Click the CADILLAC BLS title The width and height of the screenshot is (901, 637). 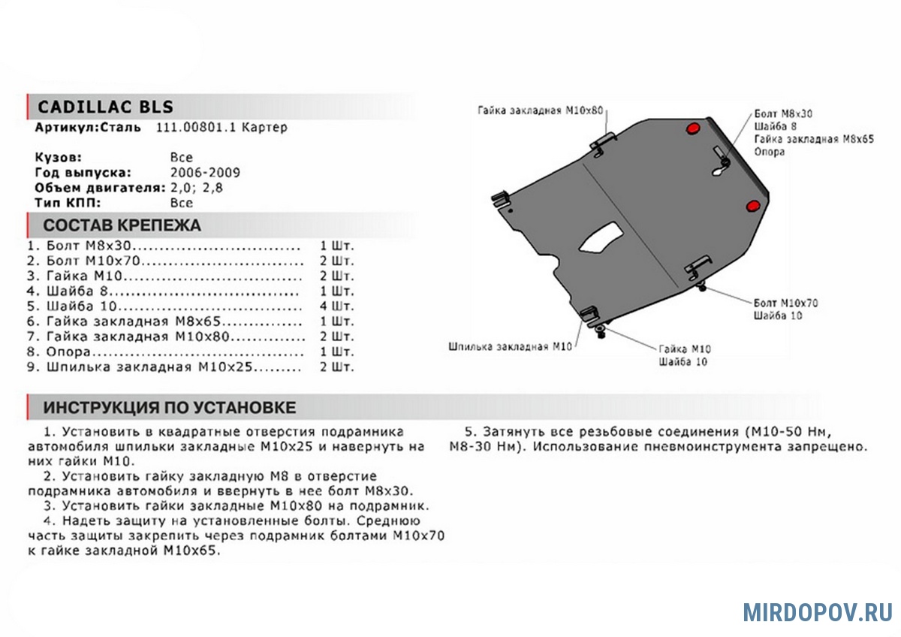(x=105, y=106)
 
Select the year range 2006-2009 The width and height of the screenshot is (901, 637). (x=205, y=172)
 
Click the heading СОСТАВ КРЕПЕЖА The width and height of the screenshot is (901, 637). (x=122, y=225)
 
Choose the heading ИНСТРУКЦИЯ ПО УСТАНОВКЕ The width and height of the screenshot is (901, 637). (x=169, y=408)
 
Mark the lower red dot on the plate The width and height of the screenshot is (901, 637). (x=752, y=207)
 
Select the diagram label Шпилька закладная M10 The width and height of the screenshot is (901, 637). (x=510, y=347)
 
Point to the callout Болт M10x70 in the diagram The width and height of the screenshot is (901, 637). (x=785, y=303)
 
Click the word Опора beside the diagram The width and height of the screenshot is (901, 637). (x=770, y=152)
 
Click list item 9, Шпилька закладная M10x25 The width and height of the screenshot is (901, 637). (x=150, y=367)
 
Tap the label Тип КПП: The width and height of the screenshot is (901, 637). (x=67, y=202)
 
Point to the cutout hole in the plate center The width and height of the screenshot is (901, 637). (x=601, y=237)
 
